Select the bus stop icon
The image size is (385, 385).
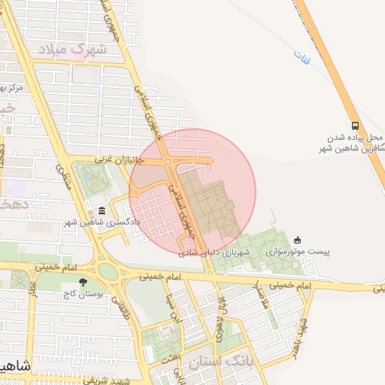tap(355, 126)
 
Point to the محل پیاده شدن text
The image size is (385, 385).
tap(355, 138)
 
